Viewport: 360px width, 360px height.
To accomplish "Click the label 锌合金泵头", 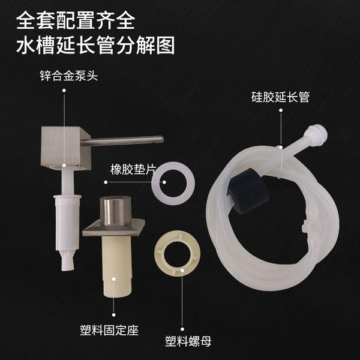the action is pos(69,76).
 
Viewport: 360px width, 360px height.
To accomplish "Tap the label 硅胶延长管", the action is pos(280,97).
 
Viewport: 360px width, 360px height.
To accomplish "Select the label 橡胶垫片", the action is pos(133,169).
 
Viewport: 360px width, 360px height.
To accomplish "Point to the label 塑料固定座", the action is pos(109,331).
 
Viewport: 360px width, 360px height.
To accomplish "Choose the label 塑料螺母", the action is pos(188,341).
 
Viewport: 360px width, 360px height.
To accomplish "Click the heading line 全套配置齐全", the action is pos(76,20).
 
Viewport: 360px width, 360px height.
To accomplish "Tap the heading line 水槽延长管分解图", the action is pos(95,45).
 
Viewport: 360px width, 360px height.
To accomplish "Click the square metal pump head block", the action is pos(66,148).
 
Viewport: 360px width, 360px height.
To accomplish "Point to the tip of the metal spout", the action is pos(162,139).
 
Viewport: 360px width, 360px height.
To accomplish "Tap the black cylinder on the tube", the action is pos(248,191).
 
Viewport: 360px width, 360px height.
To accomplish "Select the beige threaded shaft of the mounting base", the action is pos(117,266).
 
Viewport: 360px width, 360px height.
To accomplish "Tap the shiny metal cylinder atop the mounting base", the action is pos(116,211).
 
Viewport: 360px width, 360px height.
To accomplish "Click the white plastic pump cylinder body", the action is pos(67,223).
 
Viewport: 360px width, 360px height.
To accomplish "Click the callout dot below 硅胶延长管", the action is pos(281,110).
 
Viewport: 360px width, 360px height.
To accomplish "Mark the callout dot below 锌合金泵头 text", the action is pos(64,91).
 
